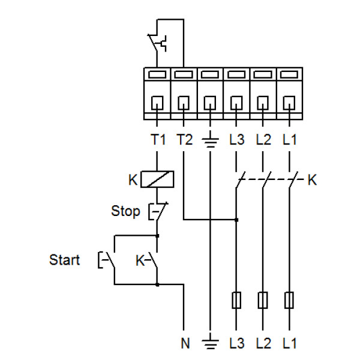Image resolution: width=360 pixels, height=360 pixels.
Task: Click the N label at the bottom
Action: (x=185, y=344)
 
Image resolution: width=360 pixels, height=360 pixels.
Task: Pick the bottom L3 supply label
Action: (x=236, y=344)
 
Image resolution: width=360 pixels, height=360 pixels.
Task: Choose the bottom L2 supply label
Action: (x=263, y=344)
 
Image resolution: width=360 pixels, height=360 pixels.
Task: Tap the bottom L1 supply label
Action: (x=290, y=344)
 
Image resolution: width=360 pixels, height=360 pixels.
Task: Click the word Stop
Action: (x=125, y=211)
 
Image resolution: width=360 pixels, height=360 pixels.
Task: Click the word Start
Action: (x=65, y=260)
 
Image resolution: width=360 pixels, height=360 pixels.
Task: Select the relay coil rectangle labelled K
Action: (x=158, y=179)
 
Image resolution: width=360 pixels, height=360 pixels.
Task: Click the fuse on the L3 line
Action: (x=236, y=299)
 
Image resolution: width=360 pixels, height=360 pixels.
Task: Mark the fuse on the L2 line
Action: (x=263, y=299)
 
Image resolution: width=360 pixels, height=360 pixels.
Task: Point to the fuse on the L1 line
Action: (x=290, y=299)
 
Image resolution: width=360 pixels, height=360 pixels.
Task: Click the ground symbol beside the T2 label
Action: (x=210, y=142)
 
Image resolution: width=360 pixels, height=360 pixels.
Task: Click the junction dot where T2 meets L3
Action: (x=236, y=220)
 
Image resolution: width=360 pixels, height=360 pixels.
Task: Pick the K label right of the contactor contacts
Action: (x=311, y=179)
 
